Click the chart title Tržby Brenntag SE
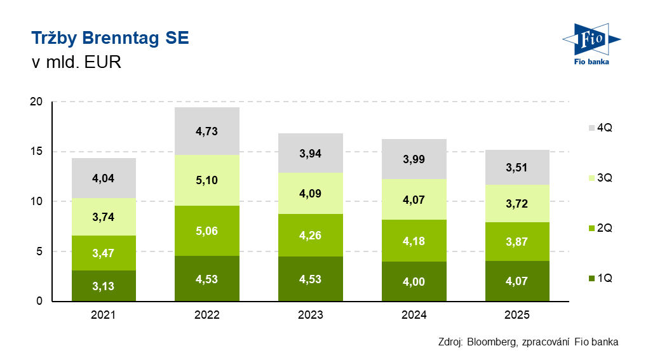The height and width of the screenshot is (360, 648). pyautogui.click(x=110, y=38)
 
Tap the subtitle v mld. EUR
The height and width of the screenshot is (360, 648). pyautogui.click(x=76, y=63)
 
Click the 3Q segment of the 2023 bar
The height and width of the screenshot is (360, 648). pyautogui.click(x=311, y=193)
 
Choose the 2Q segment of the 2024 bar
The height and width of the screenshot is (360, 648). pyautogui.click(x=414, y=240)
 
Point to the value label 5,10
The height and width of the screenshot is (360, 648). pyautogui.click(x=208, y=180)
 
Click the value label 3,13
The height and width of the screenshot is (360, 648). pyautogui.click(x=104, y=286)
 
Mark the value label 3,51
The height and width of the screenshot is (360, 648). pyautogui.click(x=518, y=168)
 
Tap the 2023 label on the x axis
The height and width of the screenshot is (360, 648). pyautogui.click(x=311, y=315)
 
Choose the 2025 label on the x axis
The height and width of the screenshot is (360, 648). pyautogui.click(x=518, y=315)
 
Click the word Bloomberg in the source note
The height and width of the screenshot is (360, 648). pyautogui.click(x=492, y=342)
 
